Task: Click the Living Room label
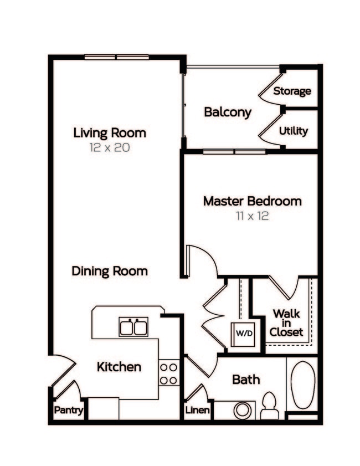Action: click(110, 133)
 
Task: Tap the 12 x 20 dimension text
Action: click(110, 148)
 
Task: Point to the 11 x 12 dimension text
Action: click(252, 216)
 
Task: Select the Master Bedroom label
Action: click(252, 201)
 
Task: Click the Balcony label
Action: click(228, 112)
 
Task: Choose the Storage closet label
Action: click(292, 91)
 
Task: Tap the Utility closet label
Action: click(293, 131)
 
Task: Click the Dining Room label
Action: click(110, 272)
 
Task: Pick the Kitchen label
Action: click(119, 367)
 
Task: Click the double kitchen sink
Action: click(133, 327)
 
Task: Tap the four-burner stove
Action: click(169, 373)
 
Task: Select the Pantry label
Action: click(69, 411)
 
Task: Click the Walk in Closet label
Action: click(287, 322)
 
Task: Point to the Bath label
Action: click(246, 380)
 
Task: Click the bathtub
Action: click(303, 385)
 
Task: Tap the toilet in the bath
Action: click(270, 406)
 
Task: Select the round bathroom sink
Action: click(242, 411)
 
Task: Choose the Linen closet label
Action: click(197, 411)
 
